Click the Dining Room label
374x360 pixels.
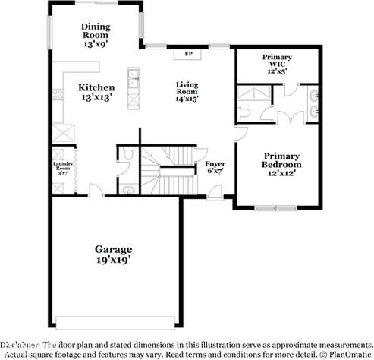(96, 30)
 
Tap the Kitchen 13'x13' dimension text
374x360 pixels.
(97, 97)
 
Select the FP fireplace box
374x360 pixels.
(187, 55)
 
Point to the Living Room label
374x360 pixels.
(187, 87)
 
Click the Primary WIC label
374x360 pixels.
(277, 58)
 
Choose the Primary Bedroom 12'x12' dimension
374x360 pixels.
(281, 173)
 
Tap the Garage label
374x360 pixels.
(113, 248)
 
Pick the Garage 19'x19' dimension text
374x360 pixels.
(113, 260)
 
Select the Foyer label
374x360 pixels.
(215, 164)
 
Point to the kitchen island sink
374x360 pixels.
(134, 74)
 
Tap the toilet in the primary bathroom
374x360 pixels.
(250, 111)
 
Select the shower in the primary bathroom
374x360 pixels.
(252, 94)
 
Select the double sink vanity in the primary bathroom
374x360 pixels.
(313, 104)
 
